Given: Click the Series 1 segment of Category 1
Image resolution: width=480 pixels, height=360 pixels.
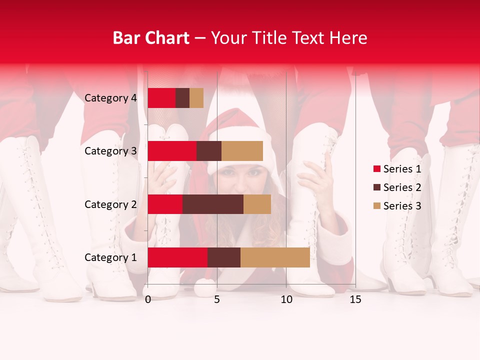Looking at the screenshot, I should [177, 257].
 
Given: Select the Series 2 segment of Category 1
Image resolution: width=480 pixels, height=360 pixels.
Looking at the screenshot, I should [224, 257].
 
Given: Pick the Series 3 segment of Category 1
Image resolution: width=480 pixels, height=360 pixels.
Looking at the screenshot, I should [275, 257].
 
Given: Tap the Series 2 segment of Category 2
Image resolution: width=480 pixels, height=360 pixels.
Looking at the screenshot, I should [213, 204].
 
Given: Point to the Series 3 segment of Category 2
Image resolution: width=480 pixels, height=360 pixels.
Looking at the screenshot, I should [257, 204].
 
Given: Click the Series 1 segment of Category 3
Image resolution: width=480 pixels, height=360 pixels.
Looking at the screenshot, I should [172, 151].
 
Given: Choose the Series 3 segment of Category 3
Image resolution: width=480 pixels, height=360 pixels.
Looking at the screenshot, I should [242, 151].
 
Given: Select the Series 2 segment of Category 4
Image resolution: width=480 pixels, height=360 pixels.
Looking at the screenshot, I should [182, 98].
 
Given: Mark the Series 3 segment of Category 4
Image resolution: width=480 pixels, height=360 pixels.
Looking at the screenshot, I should [196, 98].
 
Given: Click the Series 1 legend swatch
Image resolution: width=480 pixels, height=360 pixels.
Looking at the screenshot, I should [376, 169].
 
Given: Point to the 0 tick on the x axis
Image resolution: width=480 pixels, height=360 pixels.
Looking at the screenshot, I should [148, 299].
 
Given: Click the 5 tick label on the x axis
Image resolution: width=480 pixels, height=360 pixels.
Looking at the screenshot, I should [217, 299].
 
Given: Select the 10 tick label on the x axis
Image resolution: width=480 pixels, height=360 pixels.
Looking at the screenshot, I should [286, 299].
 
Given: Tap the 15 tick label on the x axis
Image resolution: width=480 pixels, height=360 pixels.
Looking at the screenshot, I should [355, 299].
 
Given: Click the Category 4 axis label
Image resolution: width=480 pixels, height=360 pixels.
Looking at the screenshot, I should [110, 98].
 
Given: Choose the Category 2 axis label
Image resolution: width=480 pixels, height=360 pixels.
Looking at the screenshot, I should [110, 204].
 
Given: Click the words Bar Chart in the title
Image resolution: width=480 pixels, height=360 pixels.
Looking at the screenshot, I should [151, 37].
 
